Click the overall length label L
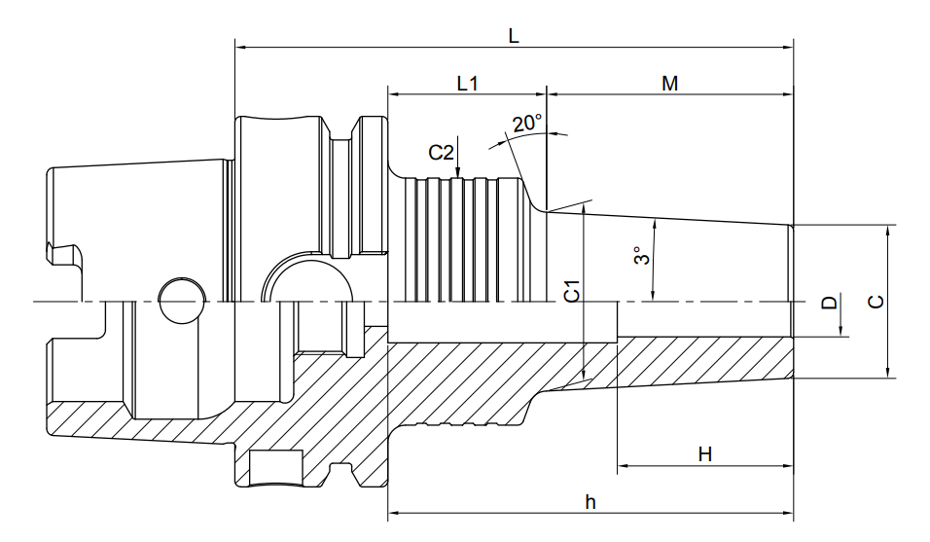[x=514, y=36]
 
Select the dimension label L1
[x=467, y=83]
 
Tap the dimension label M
[x=669, y=84]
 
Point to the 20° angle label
[x=527, y=123]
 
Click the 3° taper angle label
[x=641, y=256]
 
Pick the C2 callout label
[x=442, y=153]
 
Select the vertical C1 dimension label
[x=572, y=291]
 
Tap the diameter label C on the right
[x=876, y=302]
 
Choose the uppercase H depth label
[x=704, y=454]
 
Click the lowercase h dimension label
[x=590, y=502]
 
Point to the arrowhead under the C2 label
[x=457, y=171]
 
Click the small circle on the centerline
[x=183, y=301]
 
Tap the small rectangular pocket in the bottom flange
[x=276, y=468]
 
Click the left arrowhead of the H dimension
[x=624, y=465]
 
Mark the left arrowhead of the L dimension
[x=241, y=47]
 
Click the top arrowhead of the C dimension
[x=888, y=231]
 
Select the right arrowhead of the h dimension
[x=788, y=512]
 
